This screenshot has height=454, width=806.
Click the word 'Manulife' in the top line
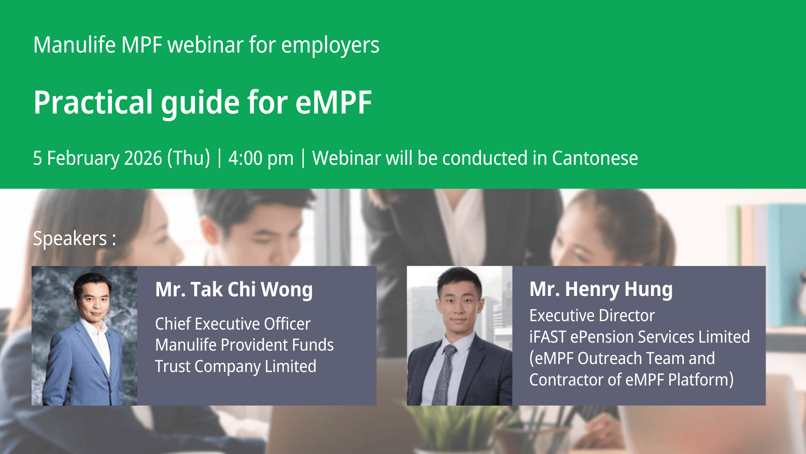coord(74,45)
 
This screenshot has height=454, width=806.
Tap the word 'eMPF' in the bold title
coord(334,103)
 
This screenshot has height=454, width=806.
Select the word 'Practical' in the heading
coord(93,103)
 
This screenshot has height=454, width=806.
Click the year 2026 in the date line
coord(143,158)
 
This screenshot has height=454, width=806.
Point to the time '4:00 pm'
coord(261,158)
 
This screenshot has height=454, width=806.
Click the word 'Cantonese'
coord(595,158)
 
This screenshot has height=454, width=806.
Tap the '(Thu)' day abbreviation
coord(188,158)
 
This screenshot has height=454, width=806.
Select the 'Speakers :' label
coord(75,239)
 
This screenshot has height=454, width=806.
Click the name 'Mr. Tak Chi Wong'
coord(234,290)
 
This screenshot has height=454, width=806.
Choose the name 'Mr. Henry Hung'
coord(601,290)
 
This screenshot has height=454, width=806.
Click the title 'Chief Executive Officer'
coord(233,324)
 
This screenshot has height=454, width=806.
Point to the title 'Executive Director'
coord(592,315)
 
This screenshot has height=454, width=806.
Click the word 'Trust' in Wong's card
coord(173,366)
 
